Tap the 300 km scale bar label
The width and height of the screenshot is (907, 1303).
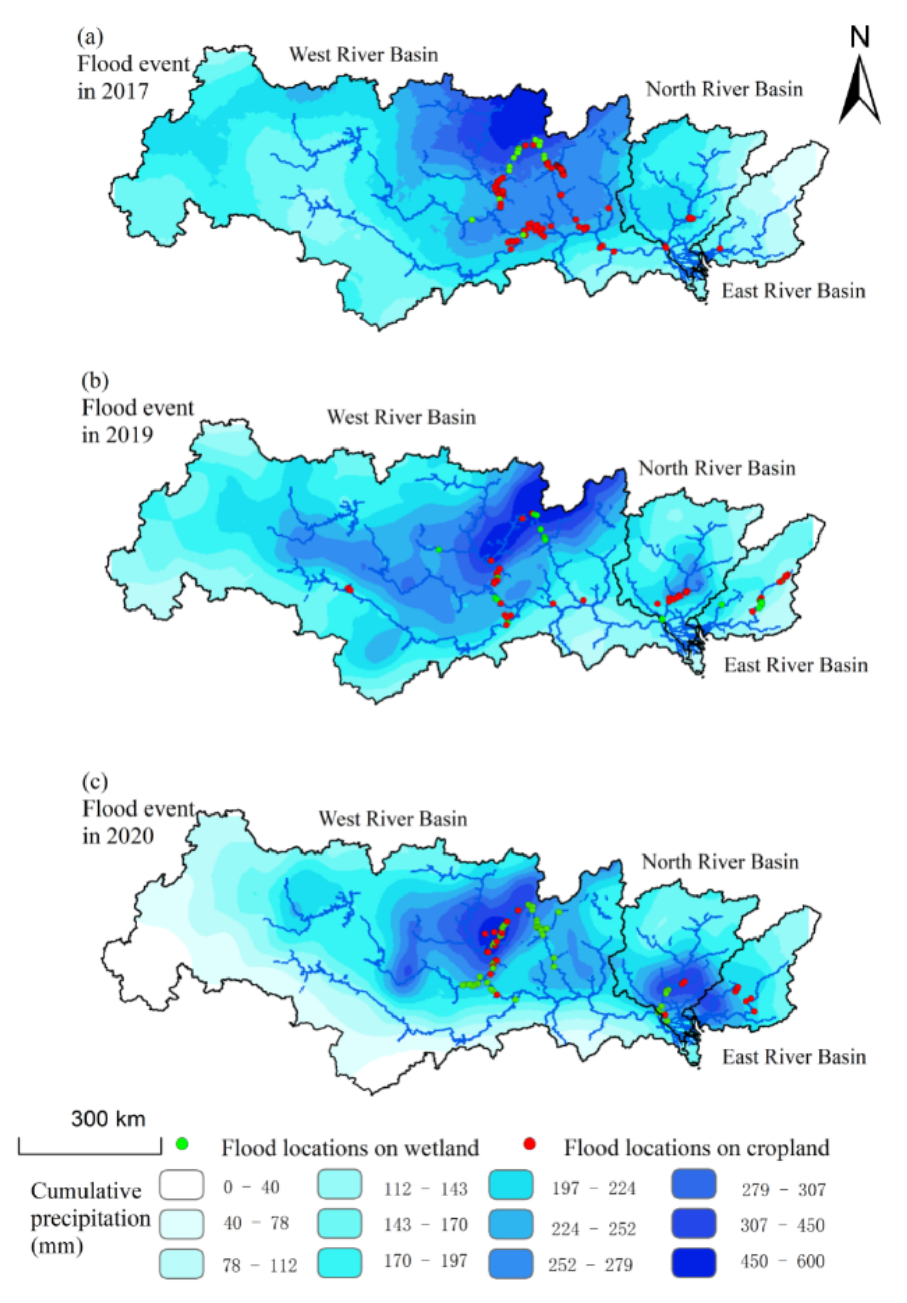(108, 1118)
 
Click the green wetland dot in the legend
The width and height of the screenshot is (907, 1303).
(182, 1144)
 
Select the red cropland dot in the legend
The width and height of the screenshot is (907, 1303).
(529, 1144)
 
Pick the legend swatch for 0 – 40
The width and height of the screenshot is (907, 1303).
(182, 1185)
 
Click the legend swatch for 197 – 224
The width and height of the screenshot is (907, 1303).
(510, 1185)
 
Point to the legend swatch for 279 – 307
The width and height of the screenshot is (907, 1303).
(694, 1185)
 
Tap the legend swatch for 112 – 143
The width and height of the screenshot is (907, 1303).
(339, 1185)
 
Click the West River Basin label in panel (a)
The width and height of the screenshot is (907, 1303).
(364, 55)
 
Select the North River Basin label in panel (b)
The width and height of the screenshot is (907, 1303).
(717, 468)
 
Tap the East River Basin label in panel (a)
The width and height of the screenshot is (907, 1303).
(793, 291)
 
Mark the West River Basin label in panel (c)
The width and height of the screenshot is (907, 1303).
(393, 819)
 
